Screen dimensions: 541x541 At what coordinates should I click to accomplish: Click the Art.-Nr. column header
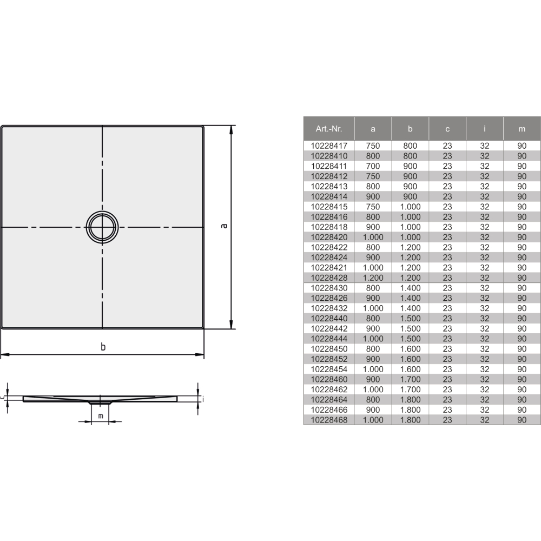328,129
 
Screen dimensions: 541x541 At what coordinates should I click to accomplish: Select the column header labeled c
447,129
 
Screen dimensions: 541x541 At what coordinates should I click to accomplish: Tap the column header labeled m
522,129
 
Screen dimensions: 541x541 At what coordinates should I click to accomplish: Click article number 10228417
329,146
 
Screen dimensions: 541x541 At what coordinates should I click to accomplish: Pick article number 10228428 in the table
329,278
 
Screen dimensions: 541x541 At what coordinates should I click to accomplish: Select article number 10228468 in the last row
329,420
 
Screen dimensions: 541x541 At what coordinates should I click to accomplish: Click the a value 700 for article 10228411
373,166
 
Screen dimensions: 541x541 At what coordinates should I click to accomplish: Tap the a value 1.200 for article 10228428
373,278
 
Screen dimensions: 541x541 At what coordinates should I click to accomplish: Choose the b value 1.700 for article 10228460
410,379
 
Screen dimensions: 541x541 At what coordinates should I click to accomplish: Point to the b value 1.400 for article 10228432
410,308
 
